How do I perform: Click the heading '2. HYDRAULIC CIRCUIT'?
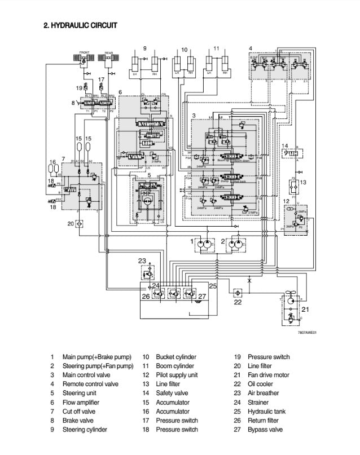(x=81, y=25)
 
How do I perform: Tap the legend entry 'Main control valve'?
(x=86, y=375)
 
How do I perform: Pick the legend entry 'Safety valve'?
(x=172, y=393)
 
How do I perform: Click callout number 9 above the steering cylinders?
(x=145, y=48)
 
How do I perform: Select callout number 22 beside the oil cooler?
(x=238, y=303)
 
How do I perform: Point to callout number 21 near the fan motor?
(x=305, y=310)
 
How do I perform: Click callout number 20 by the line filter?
(x=71, y=223)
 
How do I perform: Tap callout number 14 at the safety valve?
(x=286, y=145)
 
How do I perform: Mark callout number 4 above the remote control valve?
(x=251, y=47)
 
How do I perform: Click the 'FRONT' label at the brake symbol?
(x=85, y=52)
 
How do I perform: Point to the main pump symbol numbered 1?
(x=205, y=245)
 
